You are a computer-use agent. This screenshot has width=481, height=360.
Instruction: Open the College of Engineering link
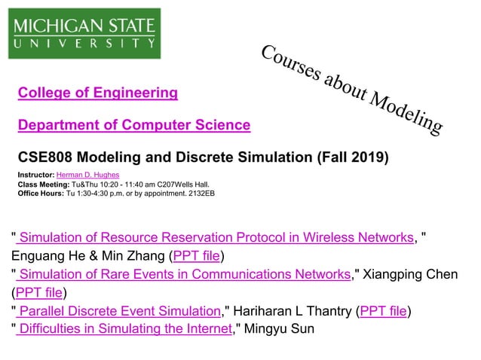tap(98, 93)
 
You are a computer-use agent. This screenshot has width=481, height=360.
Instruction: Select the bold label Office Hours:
tap(41, 193)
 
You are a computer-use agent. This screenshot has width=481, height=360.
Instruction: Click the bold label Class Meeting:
tap(43, 184)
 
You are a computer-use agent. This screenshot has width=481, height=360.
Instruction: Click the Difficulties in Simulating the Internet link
tap(124, 329)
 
